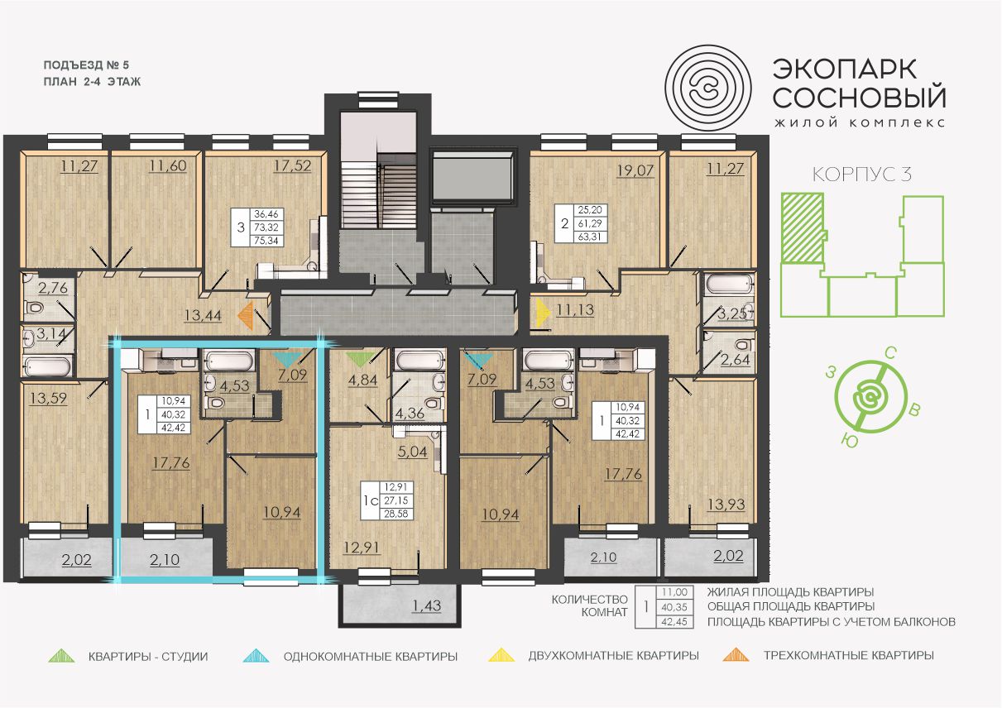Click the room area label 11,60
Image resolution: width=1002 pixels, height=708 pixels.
(168, 166)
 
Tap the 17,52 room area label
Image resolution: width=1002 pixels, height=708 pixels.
(293, 166)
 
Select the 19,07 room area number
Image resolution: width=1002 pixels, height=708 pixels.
(635, 170)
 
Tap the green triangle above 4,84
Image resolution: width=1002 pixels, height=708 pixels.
(360, 359)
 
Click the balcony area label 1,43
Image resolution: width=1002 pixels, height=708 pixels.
(427, 605)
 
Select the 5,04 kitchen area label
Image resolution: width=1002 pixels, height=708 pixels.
(412, 452)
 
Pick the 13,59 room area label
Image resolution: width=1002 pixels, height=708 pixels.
(48, 398)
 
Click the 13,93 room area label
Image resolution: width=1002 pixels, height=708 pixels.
(726, 505)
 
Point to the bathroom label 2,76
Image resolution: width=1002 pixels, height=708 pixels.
(53, 288)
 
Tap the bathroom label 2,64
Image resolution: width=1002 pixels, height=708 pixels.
(735, 359)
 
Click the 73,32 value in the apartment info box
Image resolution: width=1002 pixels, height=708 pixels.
(266, 227)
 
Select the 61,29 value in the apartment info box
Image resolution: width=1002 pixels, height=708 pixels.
(590, 223)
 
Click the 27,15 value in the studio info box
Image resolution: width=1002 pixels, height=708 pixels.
(396, 500)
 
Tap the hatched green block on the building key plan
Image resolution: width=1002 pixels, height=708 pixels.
(803, 228)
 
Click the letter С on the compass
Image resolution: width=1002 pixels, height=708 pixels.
(890, 354)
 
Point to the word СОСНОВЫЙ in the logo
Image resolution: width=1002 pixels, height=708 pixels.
(860, 98)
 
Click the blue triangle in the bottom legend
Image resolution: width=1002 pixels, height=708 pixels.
(256, 656)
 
